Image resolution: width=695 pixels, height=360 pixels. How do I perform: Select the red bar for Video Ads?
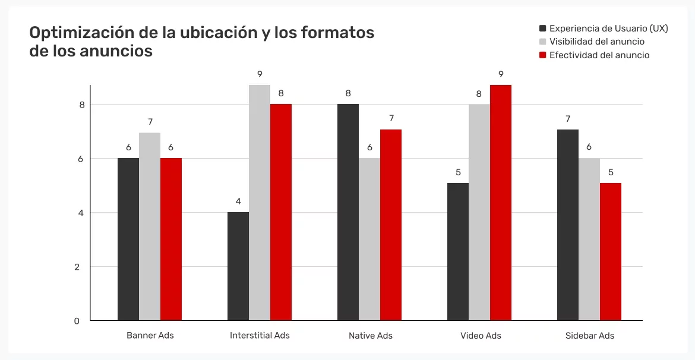point(500,202)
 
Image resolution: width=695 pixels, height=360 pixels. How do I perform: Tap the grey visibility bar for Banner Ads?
point(150,226)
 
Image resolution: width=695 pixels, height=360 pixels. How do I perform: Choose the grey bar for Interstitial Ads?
point(260,202)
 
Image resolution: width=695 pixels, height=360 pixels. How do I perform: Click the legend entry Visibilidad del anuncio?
point(596,42)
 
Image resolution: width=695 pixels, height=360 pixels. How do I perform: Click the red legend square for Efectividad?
point(542,55)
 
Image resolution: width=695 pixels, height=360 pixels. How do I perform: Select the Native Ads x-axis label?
point(370,336)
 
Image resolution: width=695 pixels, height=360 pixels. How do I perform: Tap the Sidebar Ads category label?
point(589,336)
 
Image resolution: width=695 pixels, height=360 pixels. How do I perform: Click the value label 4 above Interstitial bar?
point(238,201)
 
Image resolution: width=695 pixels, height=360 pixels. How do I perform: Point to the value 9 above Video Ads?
point(501,74)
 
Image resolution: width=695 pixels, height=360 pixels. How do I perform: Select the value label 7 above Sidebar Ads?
point(568,119)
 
